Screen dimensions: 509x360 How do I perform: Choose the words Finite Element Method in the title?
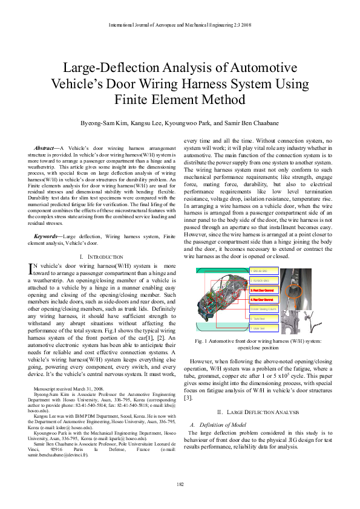180,99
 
